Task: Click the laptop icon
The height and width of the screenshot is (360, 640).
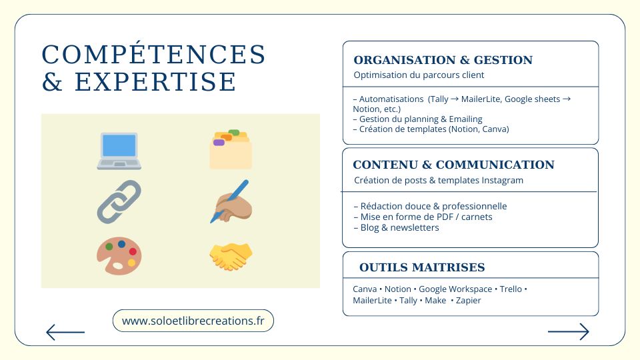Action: (119, 151)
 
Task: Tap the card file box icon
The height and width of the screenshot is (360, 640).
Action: (231, 149)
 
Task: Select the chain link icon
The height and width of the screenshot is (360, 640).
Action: (119, 201)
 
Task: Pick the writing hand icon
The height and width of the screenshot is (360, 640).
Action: (231, 201)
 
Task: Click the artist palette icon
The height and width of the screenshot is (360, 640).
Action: (119, 256)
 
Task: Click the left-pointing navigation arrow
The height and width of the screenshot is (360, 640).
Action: (65, 332)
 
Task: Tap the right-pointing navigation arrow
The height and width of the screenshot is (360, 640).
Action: (569, 331)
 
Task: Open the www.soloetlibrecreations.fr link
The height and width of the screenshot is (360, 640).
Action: (193, 321)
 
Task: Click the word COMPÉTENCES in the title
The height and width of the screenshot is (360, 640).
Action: (153, 55)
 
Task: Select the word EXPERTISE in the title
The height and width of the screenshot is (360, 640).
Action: (155, 81)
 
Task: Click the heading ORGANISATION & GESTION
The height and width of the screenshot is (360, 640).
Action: (443, 60)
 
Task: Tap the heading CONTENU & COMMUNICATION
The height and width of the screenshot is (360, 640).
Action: (453, 165)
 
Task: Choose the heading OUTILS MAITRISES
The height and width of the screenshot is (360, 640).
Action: (422, 267)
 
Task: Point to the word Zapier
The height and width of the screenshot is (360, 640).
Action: (468, 301)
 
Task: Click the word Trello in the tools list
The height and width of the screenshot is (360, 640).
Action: (511, 289)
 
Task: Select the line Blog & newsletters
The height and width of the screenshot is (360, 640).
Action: (396, 228)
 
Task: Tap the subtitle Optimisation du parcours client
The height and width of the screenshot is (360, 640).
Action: (419, 75)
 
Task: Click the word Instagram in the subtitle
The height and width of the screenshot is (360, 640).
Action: (502, 181)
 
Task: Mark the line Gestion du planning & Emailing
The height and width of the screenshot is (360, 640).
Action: (417, 119)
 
